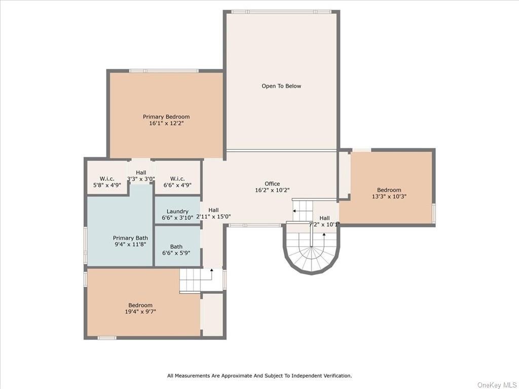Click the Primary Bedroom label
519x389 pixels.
pyautogui.click(x=166, y=117)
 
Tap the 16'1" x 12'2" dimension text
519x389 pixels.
pyautogui.click(x=166, y=124)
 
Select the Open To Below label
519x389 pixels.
pyautogui.click(x=281, y=86)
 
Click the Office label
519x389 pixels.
pyautogui.click(x=272, y=183)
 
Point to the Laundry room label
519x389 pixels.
pyautogui.click(x=177, y=211)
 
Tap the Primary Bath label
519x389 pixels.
pyautogui.click(x=130, y=238)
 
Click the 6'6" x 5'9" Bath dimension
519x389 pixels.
pyautogui.click(x=176, y=253)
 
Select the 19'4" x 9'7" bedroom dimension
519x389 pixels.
pyautogui.click(x=140, y=312)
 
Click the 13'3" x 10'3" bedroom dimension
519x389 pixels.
pyautogui.click(x=389, y=196)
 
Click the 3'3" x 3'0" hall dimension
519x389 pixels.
pyautogui.click(x=141, y=179)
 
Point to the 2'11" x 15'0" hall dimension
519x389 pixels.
pyautogui.click(x=213, y=217)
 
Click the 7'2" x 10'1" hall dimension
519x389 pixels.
pyautogui.click(x=324, y=224)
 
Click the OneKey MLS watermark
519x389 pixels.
pyautogui.click(x=497, y=385)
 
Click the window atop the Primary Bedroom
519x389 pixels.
pyautogui.click(x=164, y=71)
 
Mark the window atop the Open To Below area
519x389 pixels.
pyautogui.click(x=281, y=12)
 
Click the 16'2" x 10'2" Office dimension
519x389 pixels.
pyautogui.click(x=272, y=190)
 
